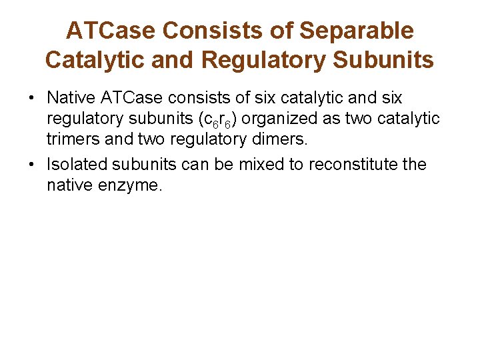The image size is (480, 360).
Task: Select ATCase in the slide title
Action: (x=111, y=31)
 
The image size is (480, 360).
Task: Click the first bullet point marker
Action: (x=31, y=99)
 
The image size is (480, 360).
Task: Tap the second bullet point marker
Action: (x=31, y=165)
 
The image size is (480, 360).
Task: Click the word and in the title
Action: (x=170, y=60)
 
